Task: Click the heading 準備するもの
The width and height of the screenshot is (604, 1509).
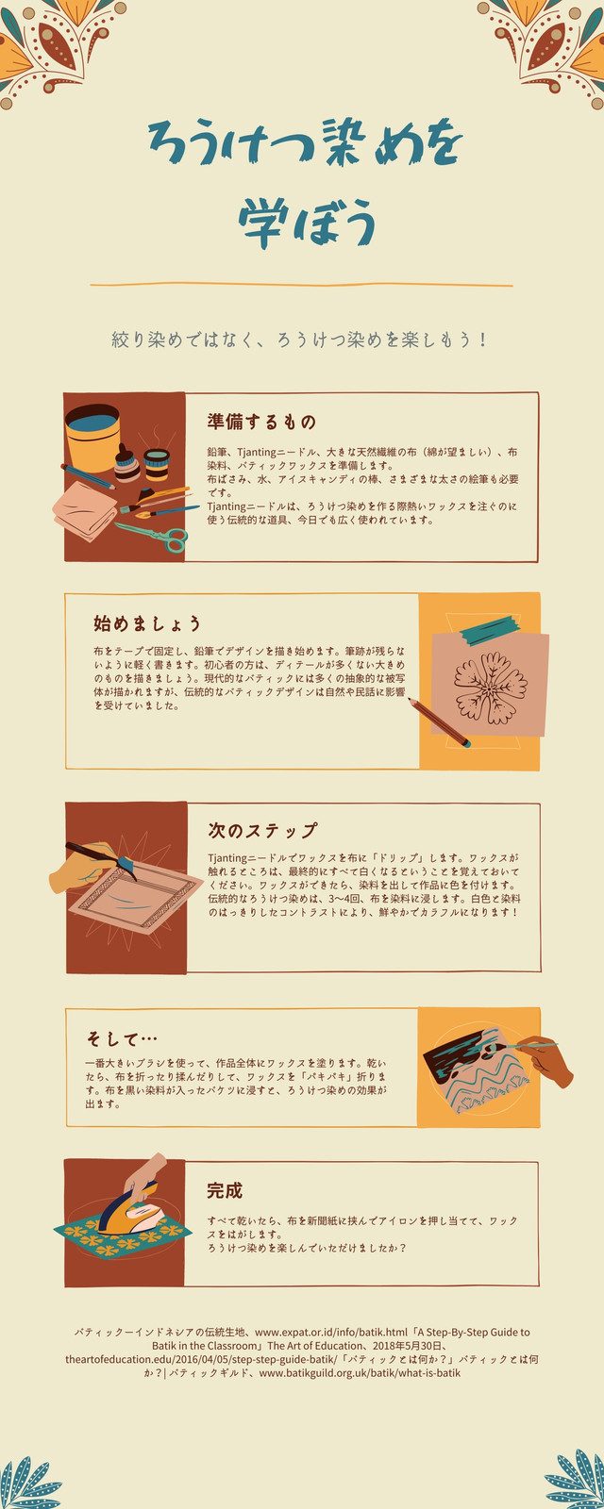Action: [261, 422]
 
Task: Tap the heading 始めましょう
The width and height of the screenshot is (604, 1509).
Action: [147, 623]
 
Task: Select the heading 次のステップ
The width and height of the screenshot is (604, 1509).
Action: [262, 830]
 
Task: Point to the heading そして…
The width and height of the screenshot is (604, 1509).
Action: [122, 1038]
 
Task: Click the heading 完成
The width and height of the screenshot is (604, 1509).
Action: [225, 1190]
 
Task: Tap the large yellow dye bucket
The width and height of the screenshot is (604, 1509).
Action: [92, 438]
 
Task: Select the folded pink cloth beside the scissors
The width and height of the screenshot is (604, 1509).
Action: [85, 509]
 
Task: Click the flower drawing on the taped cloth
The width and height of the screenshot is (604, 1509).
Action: [491, 688]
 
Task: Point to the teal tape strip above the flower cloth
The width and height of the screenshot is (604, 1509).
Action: [490, 630]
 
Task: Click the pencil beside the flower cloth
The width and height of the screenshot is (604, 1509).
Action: [439, 722]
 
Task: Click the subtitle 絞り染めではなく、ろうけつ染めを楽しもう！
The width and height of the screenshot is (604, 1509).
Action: [300, 340]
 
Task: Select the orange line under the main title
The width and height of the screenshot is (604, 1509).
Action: [301, 284]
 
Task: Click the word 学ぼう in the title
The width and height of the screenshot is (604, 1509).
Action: [307, 223]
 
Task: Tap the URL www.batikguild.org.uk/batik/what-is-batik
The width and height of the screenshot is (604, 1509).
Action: [360, 1372]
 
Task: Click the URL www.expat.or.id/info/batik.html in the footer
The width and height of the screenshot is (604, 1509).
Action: [331, 1332]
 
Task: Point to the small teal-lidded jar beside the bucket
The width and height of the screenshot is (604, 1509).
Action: [157, 464]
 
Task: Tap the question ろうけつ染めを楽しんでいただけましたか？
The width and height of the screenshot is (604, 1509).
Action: [307, 1248]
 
